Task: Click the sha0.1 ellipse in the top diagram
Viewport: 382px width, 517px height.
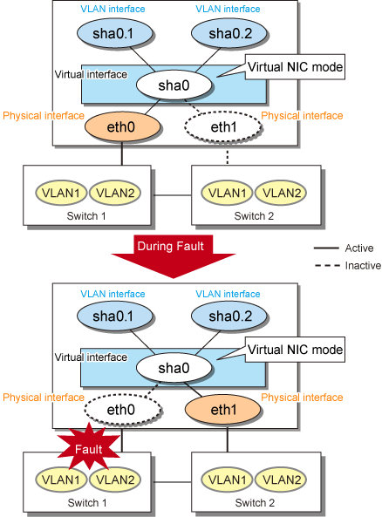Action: pos(115,33)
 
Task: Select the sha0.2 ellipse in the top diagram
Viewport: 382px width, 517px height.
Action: pos(229,33)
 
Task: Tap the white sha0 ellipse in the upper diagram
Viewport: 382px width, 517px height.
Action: pos(174,85)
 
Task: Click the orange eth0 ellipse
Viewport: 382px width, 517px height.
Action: pos(122,127)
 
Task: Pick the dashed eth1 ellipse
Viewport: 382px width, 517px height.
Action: pos(223,127)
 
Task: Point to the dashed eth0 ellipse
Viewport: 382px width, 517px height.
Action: pos(122,410)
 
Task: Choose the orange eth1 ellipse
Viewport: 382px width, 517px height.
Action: pos(223,410)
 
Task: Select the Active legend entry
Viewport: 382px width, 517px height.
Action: pos(344,248)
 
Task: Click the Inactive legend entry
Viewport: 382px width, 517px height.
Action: pos(348,265)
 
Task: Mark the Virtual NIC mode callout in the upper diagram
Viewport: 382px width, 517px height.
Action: pos(295,67)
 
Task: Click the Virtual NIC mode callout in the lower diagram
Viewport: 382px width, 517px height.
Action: pos(295,350)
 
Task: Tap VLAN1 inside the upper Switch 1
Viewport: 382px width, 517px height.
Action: pos(61,193)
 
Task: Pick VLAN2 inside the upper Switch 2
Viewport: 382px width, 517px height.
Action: pos(282,193)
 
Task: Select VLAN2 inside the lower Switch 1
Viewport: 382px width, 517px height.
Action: pos(115,480)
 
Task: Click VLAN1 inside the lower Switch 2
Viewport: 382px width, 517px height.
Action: pos(228,480)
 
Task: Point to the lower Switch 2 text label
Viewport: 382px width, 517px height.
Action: pos(255,503)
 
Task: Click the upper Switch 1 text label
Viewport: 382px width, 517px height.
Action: pos(86,216)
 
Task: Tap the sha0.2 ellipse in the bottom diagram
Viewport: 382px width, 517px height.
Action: pos(229,316)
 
